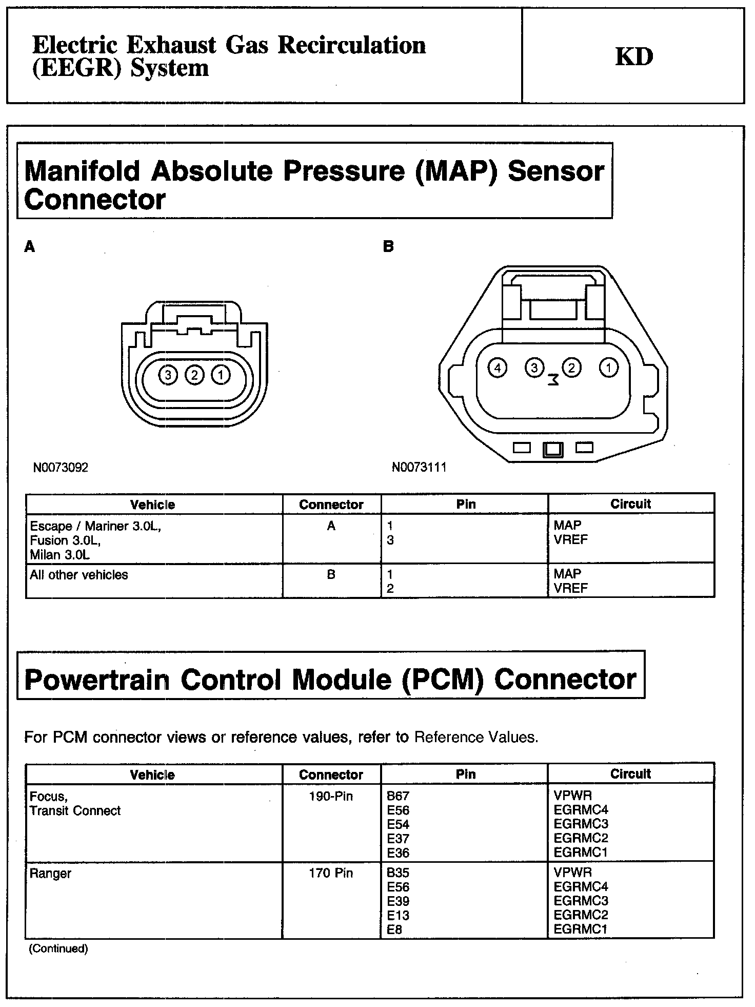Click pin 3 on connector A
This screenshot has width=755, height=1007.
click(x=168, y=375)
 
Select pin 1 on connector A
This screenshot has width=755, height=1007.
click(x=221, y=375)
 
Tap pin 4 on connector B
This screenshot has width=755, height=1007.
click(x=497, y=367)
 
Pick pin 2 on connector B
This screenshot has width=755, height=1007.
click(x=571, y=367)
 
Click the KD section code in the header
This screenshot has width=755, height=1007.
click(x=634, y=56)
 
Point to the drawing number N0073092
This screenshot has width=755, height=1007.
click(x=61, y=468)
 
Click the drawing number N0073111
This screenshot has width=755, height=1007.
click(x=419, y=467)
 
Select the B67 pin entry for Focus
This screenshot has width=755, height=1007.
click(x=398, y=796)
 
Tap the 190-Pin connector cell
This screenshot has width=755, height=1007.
click(x=331, y=797)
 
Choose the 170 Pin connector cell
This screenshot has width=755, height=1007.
click(x=331, y=873)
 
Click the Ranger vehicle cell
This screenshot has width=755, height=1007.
click(x=50, y=874)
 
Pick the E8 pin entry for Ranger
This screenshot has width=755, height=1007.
click(x=394, y=929)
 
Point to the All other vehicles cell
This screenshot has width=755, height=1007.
click(x=79, y=575)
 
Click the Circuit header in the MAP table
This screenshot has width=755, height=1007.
click(x=630, y=504)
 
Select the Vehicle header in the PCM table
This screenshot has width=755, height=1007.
click(x=152, y=774)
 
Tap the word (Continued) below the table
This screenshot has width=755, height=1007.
click(x=58, y=948)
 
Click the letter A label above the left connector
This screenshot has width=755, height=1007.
click(x=30, y=247)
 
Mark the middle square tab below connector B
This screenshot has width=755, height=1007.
click(x=553, y=449)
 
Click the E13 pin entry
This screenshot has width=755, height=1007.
click(x=398, y=915)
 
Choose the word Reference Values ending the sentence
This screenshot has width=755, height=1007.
click(x=476, y=738)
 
